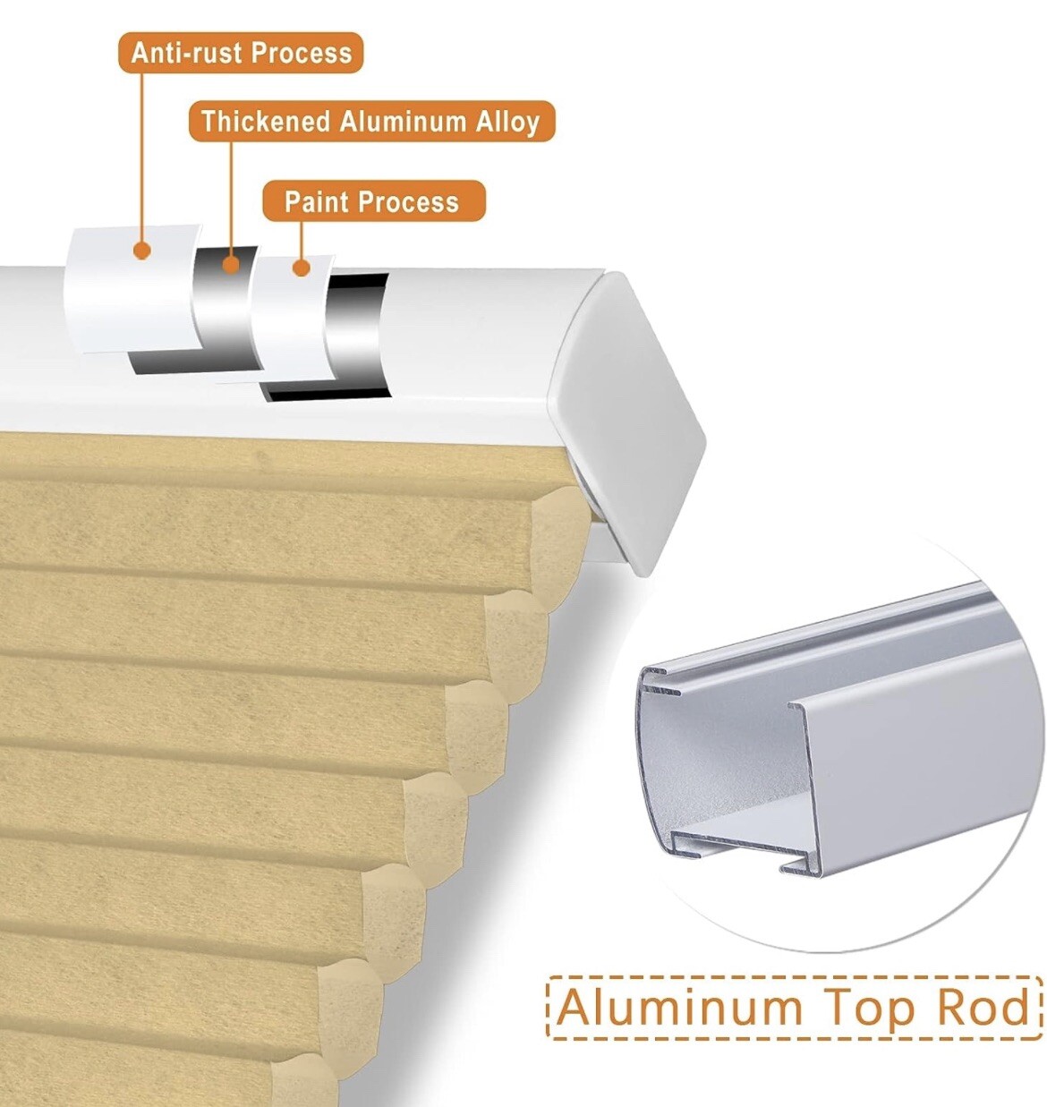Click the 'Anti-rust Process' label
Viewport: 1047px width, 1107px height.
coord(241,53)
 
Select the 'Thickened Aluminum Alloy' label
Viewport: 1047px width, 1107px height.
coord(371,121)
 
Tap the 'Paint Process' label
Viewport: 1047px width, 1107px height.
coord(373,201)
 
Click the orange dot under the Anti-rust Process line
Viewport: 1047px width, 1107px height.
coord(142,251)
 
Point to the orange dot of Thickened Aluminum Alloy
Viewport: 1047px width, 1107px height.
coord(230,264)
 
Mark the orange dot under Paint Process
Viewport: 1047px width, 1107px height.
coord(302,268)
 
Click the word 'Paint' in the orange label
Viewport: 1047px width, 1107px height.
coord(316,201)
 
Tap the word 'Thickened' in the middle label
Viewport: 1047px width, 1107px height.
coord(266,121)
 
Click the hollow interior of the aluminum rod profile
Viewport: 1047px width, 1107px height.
coord(727,771)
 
